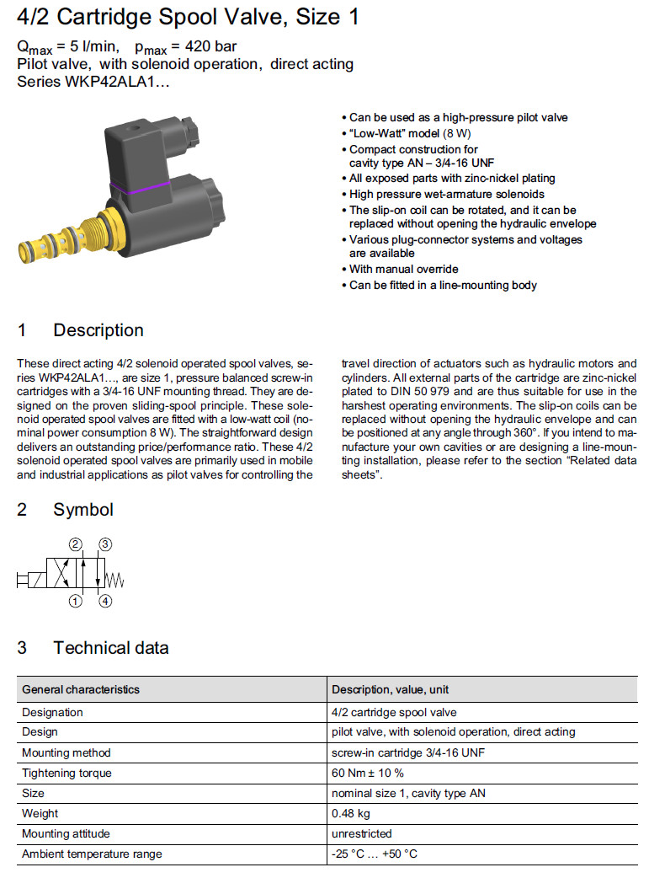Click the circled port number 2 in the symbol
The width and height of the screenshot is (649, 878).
click(x=75, y=544)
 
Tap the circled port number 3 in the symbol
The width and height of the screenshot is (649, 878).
click(x=104, y=544)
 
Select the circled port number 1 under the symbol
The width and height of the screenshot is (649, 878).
click(x=75, y=602)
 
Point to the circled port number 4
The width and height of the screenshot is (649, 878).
click(x=104, y=602)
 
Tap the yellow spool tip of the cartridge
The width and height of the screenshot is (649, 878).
click(x=28, y=250)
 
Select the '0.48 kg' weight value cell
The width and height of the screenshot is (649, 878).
click(x=351, y=813)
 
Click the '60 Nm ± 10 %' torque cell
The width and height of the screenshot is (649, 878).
click(x=368, y=773)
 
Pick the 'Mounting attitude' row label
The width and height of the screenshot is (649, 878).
click(x=66, y=833)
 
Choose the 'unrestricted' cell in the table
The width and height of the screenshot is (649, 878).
click(x=362, y=833)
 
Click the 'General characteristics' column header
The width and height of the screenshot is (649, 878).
click(x=81, y=689)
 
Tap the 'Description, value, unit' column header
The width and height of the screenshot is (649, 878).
click(x=391, y=689)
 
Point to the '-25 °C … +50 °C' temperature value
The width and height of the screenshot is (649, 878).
click(x=375, y=854)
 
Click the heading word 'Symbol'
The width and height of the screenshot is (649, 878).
click(x=82, y=510)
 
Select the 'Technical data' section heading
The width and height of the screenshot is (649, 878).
click(x=110, y=648)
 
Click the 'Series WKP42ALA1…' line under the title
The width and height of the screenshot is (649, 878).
click(x=93, y=82)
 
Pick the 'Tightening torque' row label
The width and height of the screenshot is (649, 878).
click(x=66, y=773)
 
